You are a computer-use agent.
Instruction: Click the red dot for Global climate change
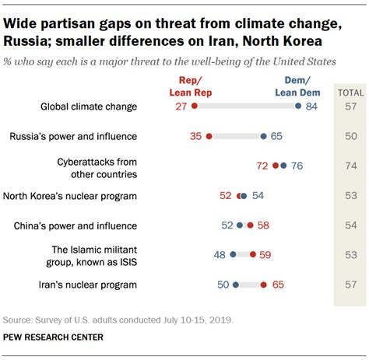[x=195, y=107]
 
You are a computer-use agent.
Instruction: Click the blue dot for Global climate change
[x=299, y=107]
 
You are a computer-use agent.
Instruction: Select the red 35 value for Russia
[x=196, y=136]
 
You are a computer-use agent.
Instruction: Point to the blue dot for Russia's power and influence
[x=264, y=136]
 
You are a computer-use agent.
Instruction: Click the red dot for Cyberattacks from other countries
[x=273, y=166]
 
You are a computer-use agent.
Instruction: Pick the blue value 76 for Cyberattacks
[x=297, y=166]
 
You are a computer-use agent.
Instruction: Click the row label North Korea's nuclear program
[x=70, y=196]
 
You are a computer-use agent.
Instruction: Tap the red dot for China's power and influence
[x=250, y=225]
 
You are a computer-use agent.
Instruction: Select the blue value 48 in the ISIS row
[x=220, y=254]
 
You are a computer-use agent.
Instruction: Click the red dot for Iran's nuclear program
[x=263, y=285]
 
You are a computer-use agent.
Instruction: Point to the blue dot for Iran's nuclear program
[x=236, y=285]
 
